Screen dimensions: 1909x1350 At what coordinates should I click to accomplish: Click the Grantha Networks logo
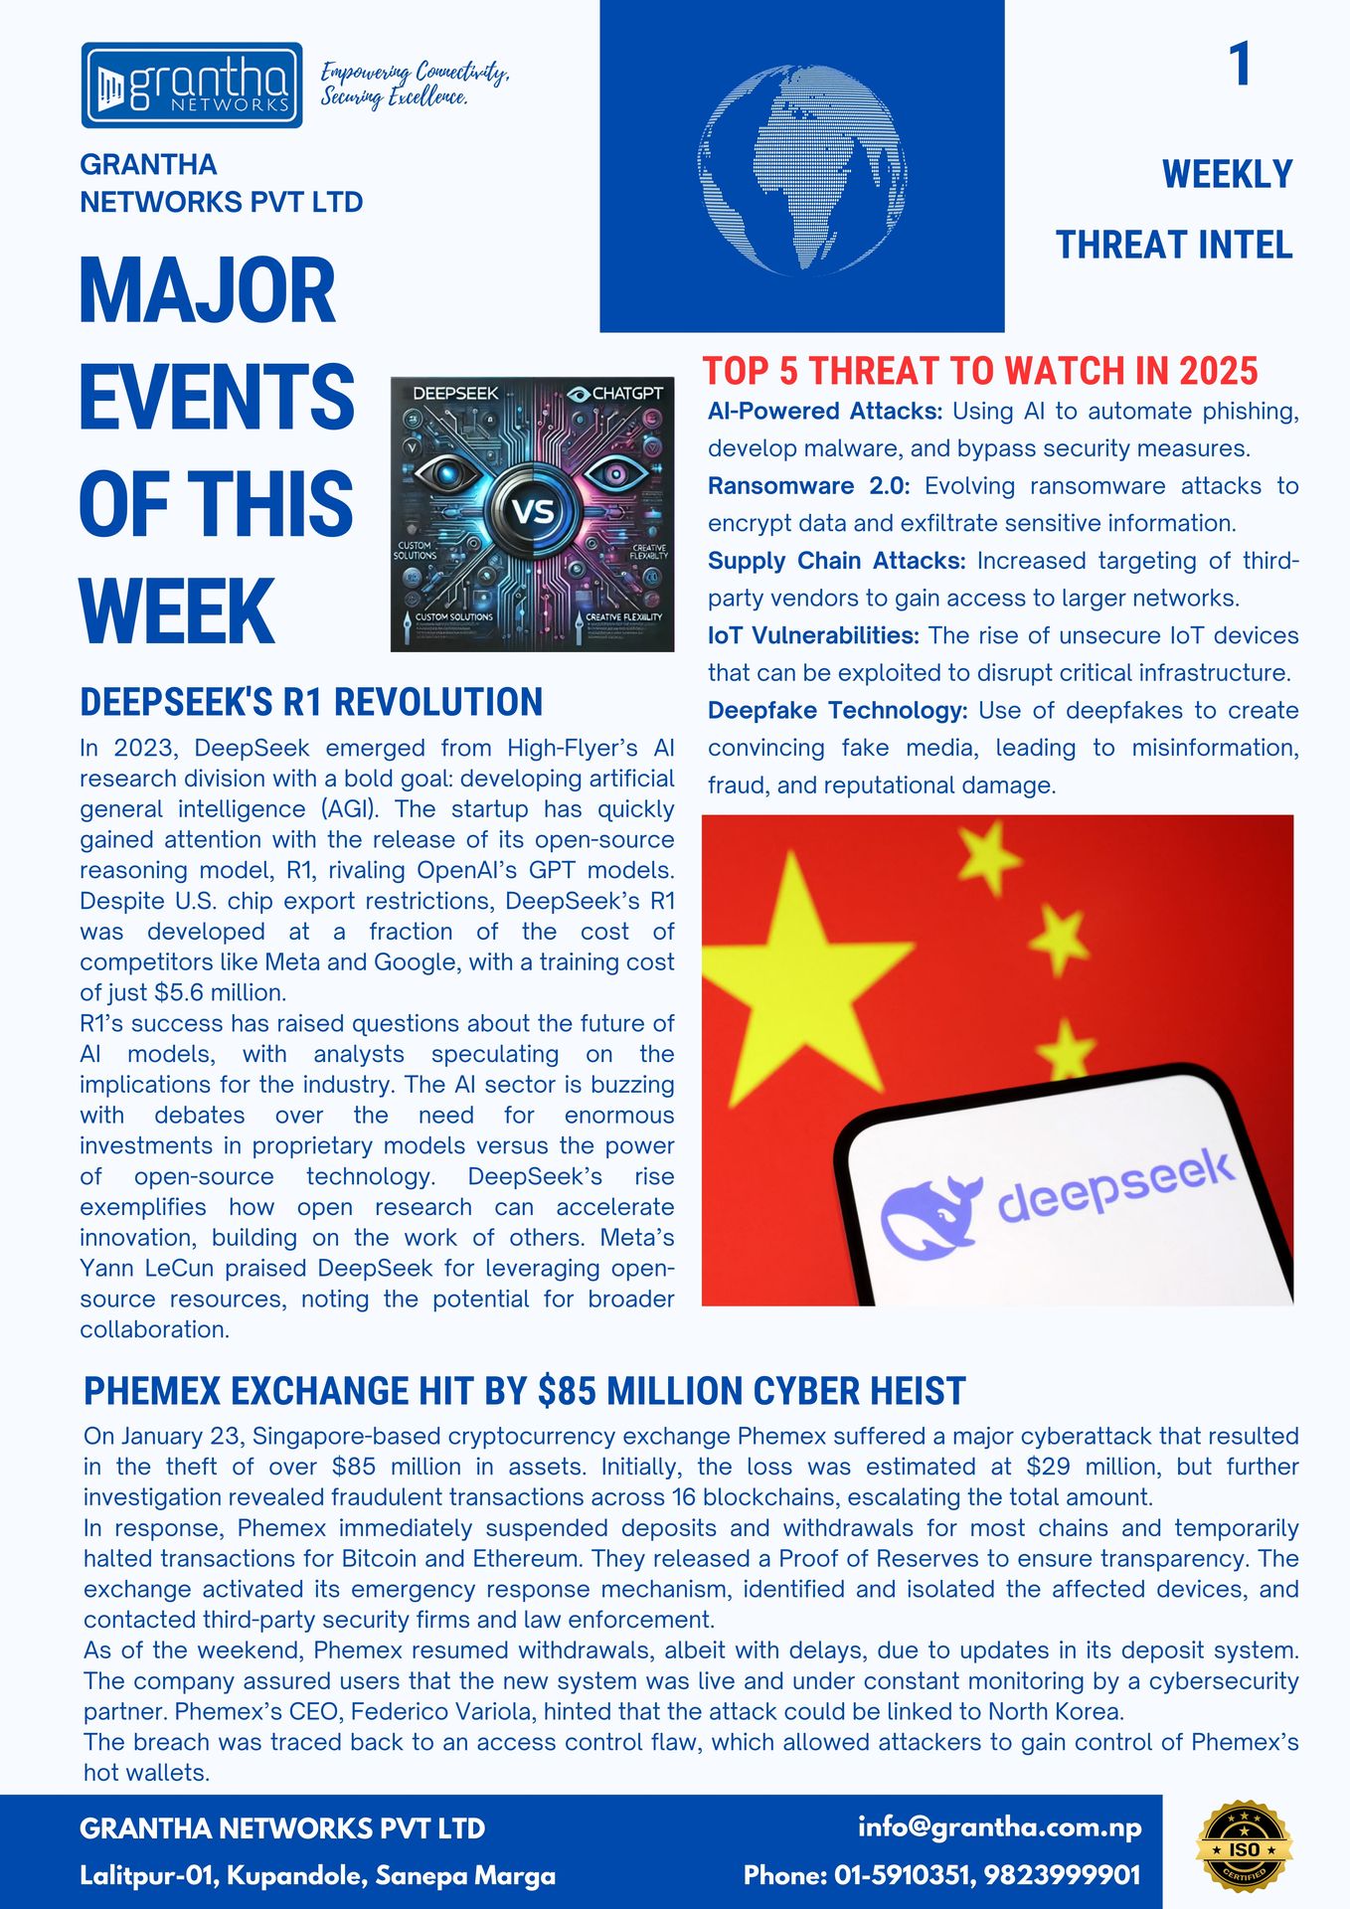[x=192, y=86]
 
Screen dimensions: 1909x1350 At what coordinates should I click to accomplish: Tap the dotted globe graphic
[x=802, y=170]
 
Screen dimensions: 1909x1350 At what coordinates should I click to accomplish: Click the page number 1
[x=1239, y=66]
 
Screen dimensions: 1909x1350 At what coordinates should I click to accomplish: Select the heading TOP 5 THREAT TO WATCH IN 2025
[x=980, y=371]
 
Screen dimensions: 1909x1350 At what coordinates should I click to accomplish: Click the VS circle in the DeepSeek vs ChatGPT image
[x=533, y=512]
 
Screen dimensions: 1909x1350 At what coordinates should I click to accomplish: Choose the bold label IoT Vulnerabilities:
[x=812, y=635]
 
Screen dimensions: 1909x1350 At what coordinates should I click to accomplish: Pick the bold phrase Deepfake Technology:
[x=837, y=711]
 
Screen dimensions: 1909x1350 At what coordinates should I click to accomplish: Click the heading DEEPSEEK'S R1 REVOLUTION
[x=311, y=702]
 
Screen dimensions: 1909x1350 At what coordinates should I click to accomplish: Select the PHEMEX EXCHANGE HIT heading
[x=524, y=1391]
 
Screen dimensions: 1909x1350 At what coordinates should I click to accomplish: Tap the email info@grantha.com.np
[x=999, y=1826]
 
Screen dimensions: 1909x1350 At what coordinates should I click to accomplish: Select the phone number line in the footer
[x=941, y=1875]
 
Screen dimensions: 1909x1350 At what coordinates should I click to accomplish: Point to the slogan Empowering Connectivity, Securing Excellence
[x=414, y=85]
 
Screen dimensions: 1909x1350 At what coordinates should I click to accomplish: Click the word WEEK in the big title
[x=176, y=610]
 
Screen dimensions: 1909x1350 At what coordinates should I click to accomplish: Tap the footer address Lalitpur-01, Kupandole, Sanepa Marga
[x=317, y=1876]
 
